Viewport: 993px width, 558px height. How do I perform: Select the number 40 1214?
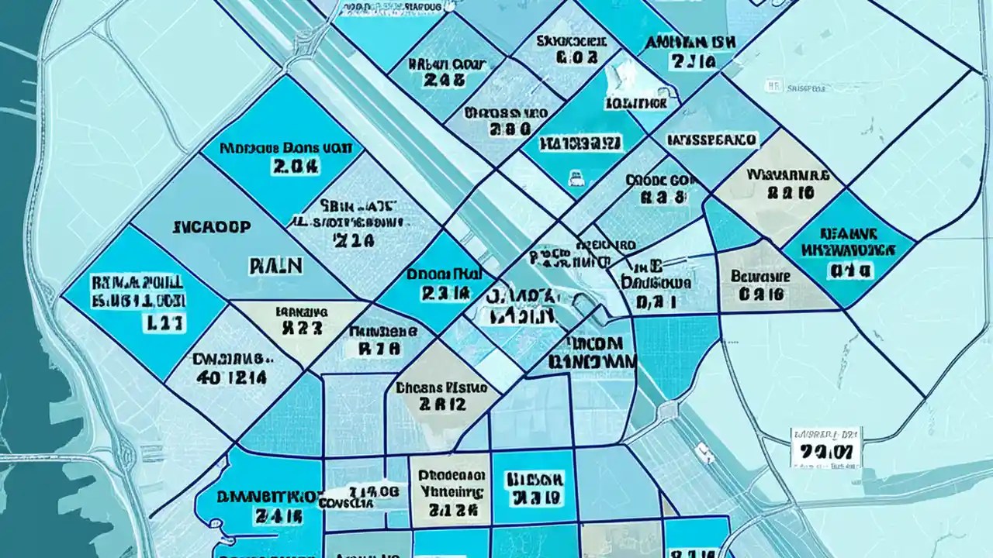(x=230, y=377)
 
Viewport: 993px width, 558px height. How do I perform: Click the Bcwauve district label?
(x=761, y=276)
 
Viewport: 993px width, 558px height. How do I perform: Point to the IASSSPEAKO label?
(x=711, y=140)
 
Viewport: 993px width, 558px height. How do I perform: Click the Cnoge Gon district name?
(x=657, y=179)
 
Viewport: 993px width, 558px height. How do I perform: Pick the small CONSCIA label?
(x=348, y=501)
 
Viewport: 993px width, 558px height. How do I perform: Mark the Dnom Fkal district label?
(x=445, y=274)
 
